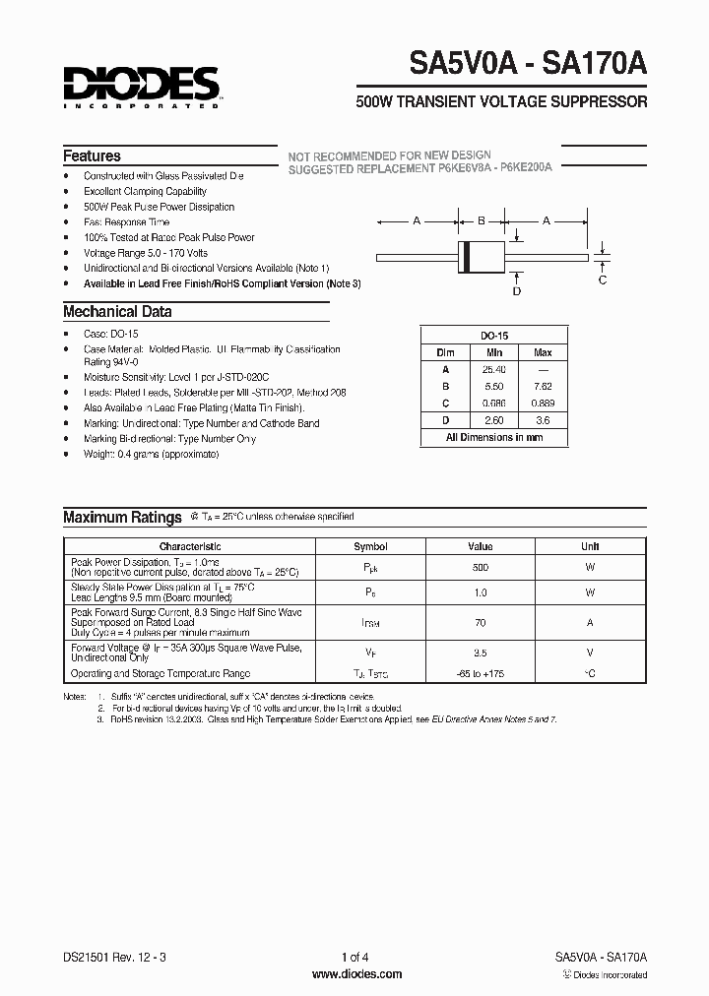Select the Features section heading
click(92, 156)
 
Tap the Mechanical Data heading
click(117, 312)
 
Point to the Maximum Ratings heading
click(122, 517)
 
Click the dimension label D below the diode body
click(516, 290)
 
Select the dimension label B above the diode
click(482, 221)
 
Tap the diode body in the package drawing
click(483, 257)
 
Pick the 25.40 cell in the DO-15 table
click(494, 369)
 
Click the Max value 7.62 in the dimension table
click(543, 387)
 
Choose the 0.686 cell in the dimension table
click(494, 403)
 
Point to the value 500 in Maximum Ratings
click(480, 568)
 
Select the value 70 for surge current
click(480, 622)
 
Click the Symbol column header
click(370, 546)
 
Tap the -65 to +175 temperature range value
click(480, 674)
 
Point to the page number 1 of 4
click(355, 957)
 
